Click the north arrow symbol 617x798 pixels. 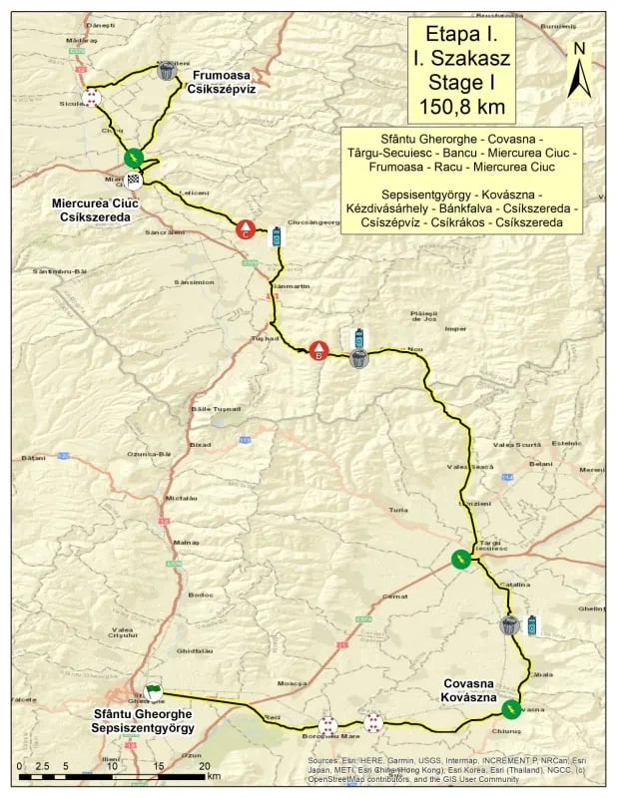click(x=577, y=72)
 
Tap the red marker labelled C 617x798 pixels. click(x=243, y=229)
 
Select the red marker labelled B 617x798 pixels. click(x=318, y=351)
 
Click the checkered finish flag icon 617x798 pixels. click(x=133, y=180)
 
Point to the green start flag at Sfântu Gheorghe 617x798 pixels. click(x=152, y=690)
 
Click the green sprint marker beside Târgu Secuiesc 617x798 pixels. click(x=459, y=559)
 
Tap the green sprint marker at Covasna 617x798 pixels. click(x=511, y=709)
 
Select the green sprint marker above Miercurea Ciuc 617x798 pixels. click(x=133, y=157)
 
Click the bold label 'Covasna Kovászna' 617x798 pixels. click(x=474, y=691)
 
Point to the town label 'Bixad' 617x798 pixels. click(x=200, y=444)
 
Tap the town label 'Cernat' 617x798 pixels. click(x=394, y=596)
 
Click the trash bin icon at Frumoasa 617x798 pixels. click(x=167, y=70)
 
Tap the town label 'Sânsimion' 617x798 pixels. click(x=195, y=282)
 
